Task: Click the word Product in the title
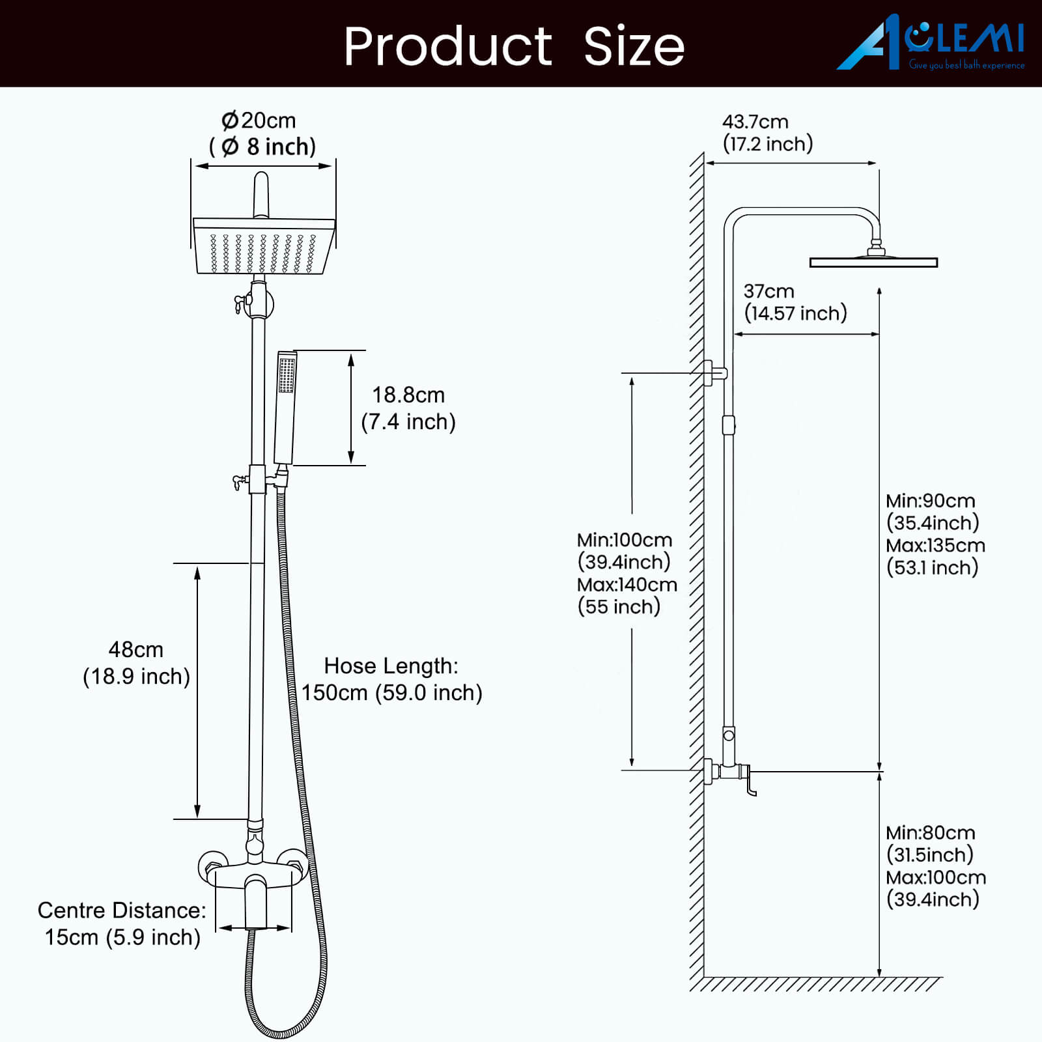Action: pos(448,46)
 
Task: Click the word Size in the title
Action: pos(634,46)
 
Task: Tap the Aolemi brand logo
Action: pos(931,42)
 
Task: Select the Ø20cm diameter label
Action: pos(259,120)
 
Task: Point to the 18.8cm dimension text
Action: pos(408,395)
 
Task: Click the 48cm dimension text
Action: pos(135,649)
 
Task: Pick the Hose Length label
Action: pos(391,666)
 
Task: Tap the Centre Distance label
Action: pos(122,910)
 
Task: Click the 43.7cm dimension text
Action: pos(755,122)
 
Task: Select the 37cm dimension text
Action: pos(769,291)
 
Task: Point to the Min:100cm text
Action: pos(625,540)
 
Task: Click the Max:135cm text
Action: pos(936,545)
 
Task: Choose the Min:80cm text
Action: pos(931,832)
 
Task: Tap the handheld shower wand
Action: pos(285,408)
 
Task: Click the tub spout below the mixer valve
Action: pos(256,901)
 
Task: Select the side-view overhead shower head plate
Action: pos(873,262)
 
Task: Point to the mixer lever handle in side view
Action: pos(750,781)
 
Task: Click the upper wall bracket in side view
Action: pos(714,373)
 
